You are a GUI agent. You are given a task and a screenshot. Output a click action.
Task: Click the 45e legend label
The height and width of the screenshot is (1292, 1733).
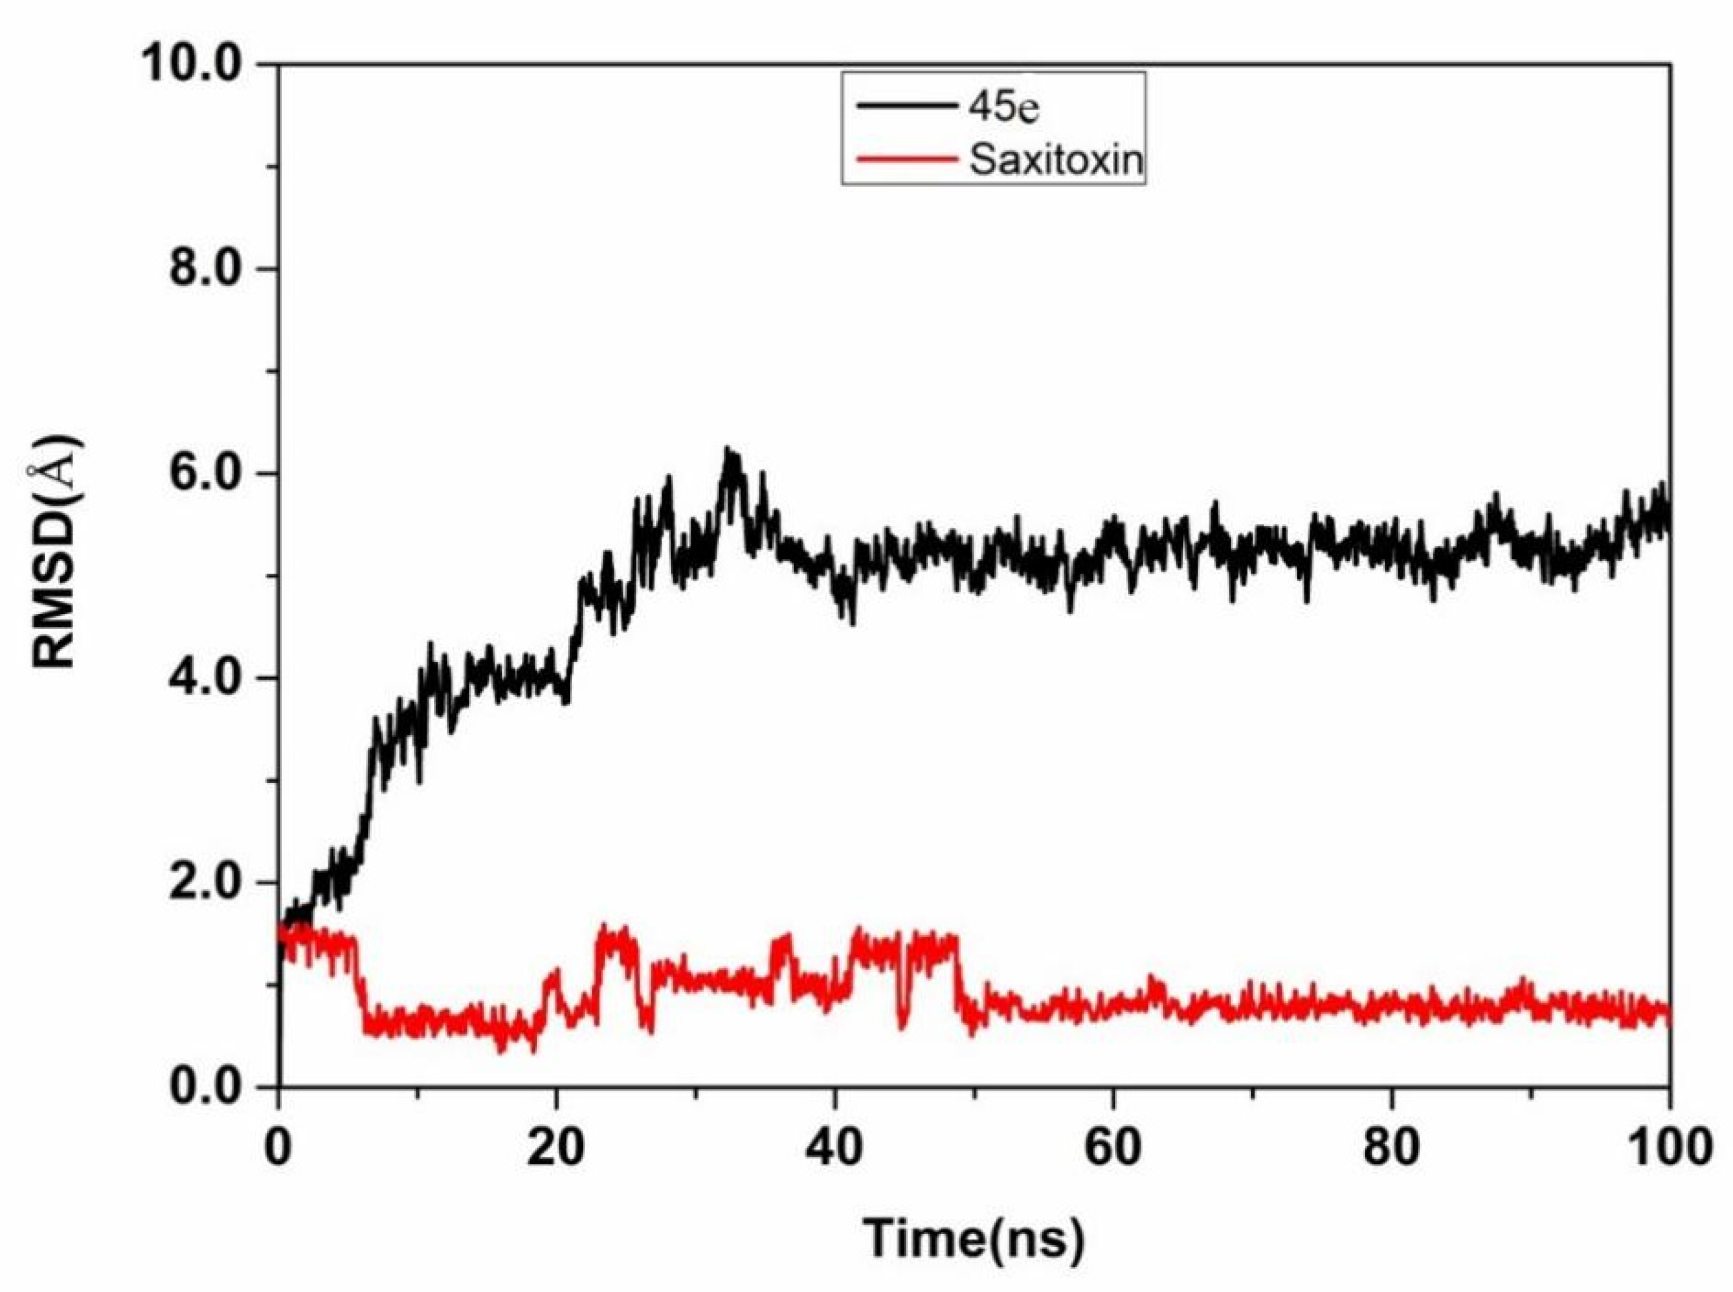click(1004, 109)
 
